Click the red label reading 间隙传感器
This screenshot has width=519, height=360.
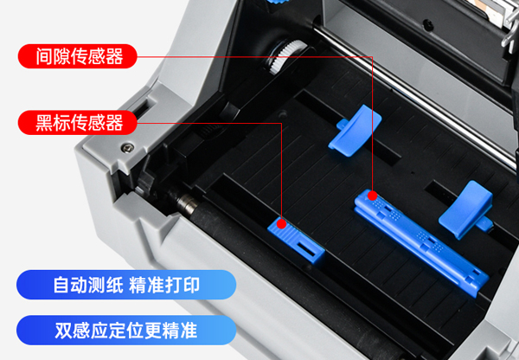click(80, 57)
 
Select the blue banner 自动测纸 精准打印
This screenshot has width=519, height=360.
click(125, 284)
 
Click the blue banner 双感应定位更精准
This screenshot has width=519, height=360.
click(125, 330)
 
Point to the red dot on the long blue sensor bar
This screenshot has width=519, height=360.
click(372, 196)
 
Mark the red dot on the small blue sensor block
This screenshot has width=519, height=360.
click(281, 223)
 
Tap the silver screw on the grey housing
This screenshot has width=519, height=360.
click(128, 144)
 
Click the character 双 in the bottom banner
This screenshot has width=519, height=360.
click(62, 330)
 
